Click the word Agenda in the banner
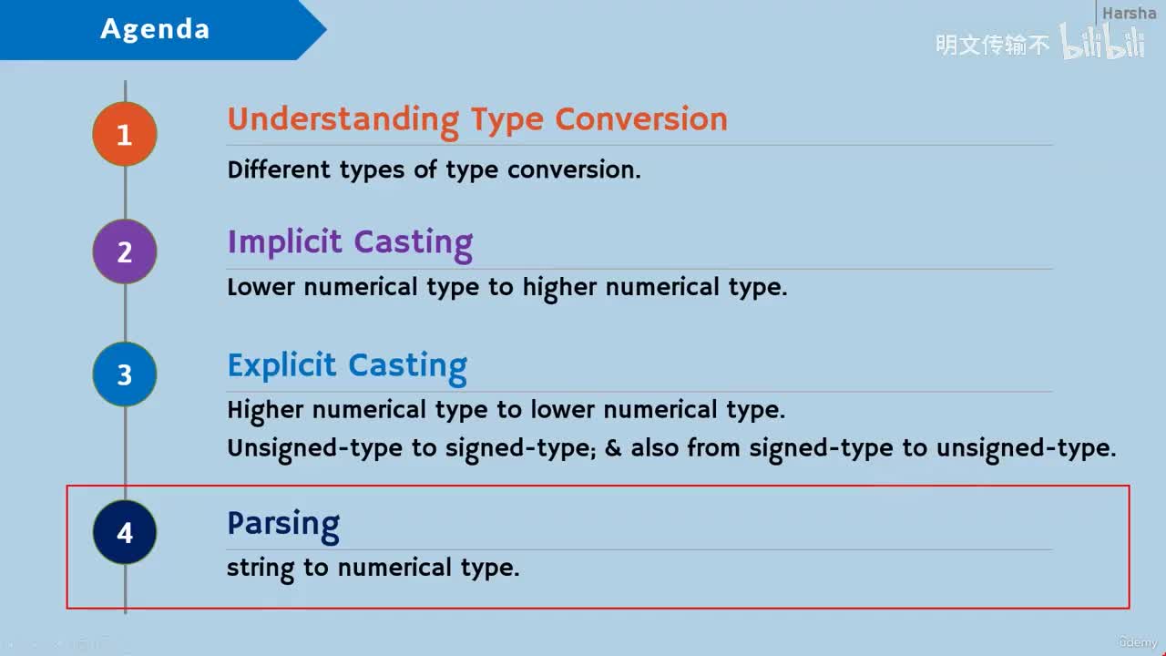(x=155, y=29)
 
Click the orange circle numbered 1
(x=125, y=134)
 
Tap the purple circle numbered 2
(x=125, y=251)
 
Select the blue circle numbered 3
(x=125, y=374)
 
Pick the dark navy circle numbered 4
(x=125, y=532)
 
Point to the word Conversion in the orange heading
(x=641, y=118)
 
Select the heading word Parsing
(x=283, y=526)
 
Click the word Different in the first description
(x=279, y=169)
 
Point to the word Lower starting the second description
(x=261, y=287)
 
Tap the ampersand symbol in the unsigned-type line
(x=613, y=448)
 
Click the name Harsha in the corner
(x=1129, y=13)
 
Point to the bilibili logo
(x=1102, y=42)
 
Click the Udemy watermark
(x=1138, y=642)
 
